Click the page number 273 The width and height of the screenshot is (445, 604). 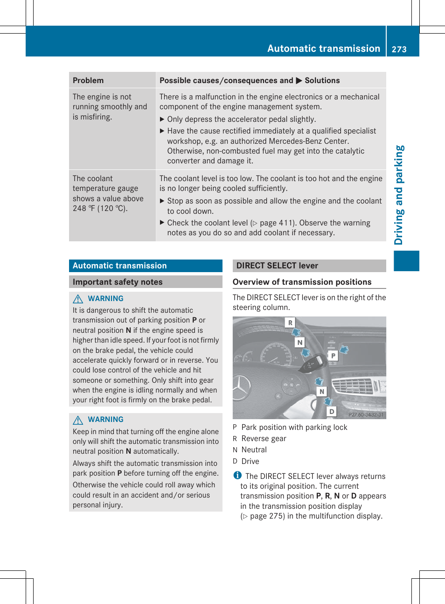point(399,49)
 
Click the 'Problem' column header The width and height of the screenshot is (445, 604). point(88,80)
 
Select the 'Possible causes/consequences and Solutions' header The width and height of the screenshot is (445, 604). point(250,80)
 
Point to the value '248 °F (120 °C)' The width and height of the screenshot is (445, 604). point(100,208)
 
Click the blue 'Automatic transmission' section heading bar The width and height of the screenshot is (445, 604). point(146,266)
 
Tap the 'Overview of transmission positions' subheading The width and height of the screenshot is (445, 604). point(302,282)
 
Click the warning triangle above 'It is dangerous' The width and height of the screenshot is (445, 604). point(78,299)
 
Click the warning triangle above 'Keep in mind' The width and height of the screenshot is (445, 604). point(78,420)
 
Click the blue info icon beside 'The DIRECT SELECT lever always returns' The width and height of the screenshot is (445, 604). point(237,475)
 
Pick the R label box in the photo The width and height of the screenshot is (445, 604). point(290,323)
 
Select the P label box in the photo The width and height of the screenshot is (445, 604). point(333,356)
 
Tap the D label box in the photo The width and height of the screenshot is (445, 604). point(332,411)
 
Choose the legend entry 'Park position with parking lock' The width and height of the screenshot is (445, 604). point(294,427)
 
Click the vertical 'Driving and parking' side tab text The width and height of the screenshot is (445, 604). point(399,195)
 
